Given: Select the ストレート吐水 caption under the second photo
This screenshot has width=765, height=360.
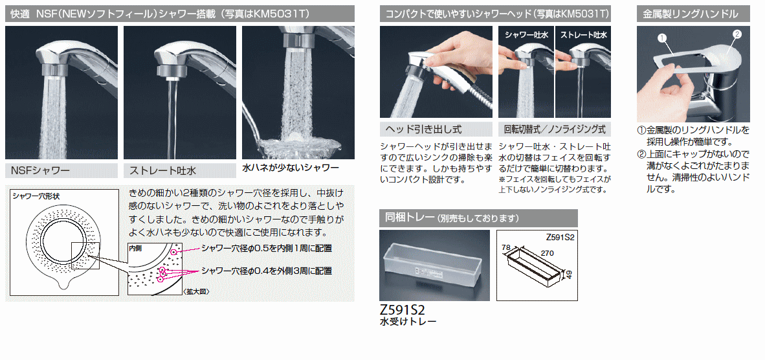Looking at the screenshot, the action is click(x=162, y=171).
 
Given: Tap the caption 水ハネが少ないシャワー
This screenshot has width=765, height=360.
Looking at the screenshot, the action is click(x=291, y=168).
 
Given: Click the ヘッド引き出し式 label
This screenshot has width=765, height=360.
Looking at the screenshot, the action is click(x=423, y=129).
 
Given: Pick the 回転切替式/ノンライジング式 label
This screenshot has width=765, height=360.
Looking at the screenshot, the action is click(x=555, y=129).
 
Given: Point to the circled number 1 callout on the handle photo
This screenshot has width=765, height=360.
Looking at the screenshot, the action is click(x=662, y=37).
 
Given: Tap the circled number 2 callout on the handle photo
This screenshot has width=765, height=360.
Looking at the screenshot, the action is click(x=737, y=34).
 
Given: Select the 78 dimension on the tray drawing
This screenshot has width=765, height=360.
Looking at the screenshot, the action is click(x=506, y=248).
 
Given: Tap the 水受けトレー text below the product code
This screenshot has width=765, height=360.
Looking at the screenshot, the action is click(x=408, y=321).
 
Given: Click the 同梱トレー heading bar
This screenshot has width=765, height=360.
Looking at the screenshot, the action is click(x=478, y=218).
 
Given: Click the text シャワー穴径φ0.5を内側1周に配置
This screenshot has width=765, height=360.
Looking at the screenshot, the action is click(x=267, y=249).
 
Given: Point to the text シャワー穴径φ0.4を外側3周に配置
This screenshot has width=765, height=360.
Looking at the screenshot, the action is click(x=267, y=271).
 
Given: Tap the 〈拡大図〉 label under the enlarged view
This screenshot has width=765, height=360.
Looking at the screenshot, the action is click(x=196, y=292).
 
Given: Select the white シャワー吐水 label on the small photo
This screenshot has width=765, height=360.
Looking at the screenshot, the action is click(x=526, y=35).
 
